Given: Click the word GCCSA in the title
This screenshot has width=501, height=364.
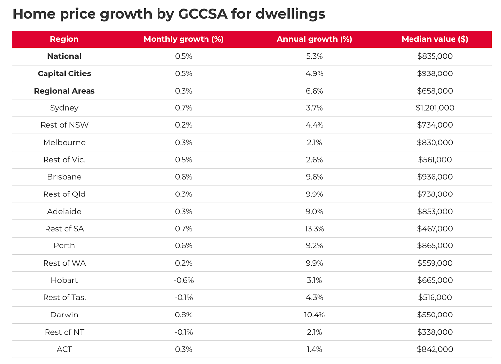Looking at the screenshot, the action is [x=202, y=14].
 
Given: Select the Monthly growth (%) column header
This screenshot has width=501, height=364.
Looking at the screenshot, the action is [x=183, y=39].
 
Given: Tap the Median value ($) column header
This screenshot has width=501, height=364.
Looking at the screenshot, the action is [x=434, y=39].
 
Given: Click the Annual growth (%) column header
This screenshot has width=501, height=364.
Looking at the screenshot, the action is [x=315, y=39].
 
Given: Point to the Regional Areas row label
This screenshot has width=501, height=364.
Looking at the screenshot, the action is [x=64, y=91].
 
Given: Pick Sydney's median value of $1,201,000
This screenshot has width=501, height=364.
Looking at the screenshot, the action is [x=434, y=108].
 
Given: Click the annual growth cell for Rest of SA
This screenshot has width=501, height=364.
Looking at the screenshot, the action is [x=315, y=229].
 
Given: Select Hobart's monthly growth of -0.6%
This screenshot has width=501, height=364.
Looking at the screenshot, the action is [x=183, y=280].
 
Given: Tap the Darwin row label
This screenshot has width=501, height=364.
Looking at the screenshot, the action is [x=64, y=315].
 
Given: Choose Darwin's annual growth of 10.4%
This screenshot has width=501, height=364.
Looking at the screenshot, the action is [x=315, y=315].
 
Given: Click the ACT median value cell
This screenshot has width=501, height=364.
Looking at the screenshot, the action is [x=434, y=349].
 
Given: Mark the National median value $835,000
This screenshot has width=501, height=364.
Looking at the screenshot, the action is [x=434, y=56].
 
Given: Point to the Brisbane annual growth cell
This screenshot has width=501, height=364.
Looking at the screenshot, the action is [x=315, y=177].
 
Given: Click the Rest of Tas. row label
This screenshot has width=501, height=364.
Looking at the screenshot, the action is [x=64, y=297].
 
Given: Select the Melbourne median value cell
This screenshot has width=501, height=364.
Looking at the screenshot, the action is [x=434, y=143].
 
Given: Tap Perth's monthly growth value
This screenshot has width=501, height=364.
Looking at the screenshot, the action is [x=183, y=245].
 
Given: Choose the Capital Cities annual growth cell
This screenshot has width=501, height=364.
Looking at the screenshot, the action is [x=315, y=73].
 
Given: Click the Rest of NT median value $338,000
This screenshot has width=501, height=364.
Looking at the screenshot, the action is [x=434, y=332].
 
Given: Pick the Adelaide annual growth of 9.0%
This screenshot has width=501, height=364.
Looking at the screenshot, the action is [x=315, y=212].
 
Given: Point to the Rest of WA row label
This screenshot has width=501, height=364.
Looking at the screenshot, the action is [x=64, y=263].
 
